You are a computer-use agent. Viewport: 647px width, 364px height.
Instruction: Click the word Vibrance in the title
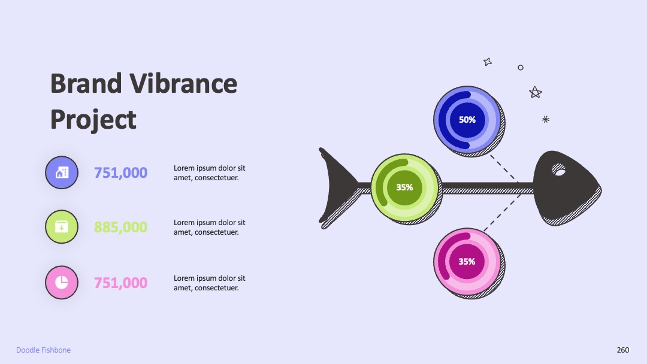[x=183, y=84]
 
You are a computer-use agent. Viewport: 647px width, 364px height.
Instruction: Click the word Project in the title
[x=93, y=120]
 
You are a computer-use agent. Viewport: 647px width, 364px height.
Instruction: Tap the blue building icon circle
[x=62, y=172]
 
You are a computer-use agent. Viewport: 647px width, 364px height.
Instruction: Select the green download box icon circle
[x=62, y=227]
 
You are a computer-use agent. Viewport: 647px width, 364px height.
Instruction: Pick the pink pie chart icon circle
[x=62, y=283]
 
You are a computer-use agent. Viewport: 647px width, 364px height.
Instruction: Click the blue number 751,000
[x=120, y=173]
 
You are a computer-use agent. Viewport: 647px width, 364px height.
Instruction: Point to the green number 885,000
[x=120, y=227]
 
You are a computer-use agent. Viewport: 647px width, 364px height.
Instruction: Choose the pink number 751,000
[x=120, y=283]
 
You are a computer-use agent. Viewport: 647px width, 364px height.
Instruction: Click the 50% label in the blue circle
[x=467, y=120]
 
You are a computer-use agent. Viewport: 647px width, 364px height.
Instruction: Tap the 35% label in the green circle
[x=404, y=187]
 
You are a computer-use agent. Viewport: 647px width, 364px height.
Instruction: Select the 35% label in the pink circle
[x=467, y=262]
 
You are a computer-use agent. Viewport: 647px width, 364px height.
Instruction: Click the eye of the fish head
[x=559, y=170]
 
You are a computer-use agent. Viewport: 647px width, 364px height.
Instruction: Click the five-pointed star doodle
[x=535, y=92]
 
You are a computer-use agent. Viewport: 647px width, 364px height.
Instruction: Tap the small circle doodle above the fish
[x=521, y=68]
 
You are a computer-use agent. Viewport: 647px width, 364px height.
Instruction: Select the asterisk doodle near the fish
[x=546, y=120]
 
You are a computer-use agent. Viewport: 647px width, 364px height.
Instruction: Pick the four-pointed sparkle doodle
[x=488, y=62]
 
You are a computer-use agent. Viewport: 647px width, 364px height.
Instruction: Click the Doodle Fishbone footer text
[x=43, y=350]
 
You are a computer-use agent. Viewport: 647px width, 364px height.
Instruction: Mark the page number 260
[x=623, y=350]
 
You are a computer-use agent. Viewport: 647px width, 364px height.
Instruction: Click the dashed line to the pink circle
[x=502, y=213]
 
